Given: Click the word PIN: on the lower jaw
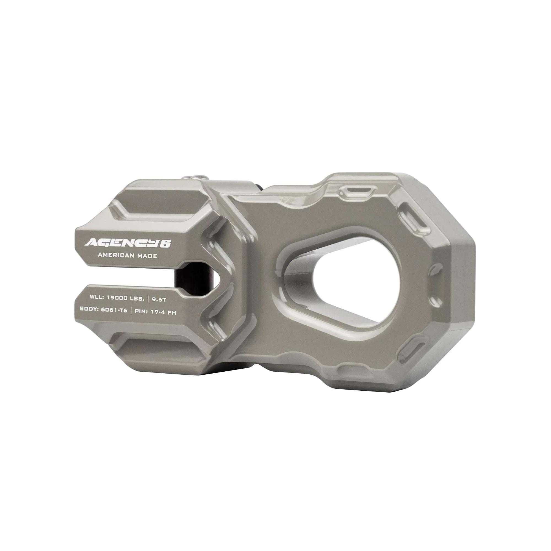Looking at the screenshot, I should click(x=142, y=311).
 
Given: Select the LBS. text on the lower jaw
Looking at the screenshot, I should click(x=137, y=298).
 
